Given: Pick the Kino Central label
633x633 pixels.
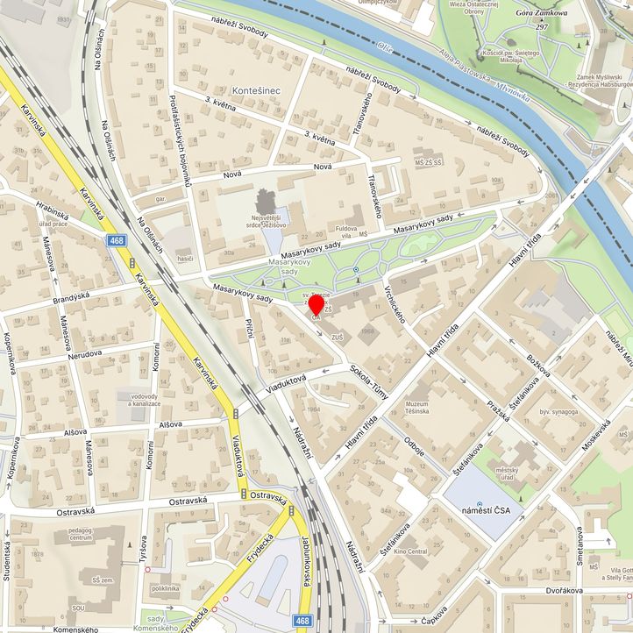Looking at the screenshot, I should pyautogui.click(x=411, y=551).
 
